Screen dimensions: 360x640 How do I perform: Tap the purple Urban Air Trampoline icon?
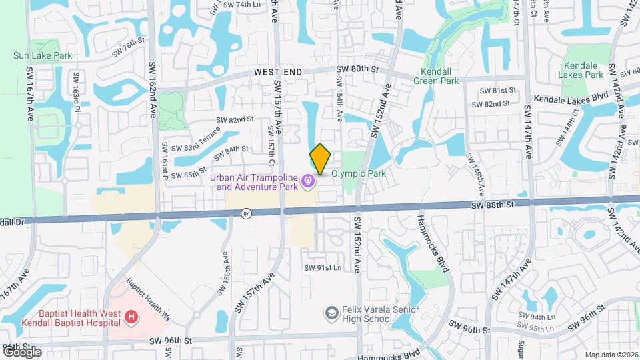tap(307, 181)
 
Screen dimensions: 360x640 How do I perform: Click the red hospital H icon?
tap(132, 316)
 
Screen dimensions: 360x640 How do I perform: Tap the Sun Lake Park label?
tap(43, 56)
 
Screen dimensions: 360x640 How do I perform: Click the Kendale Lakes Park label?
tap(583, 70)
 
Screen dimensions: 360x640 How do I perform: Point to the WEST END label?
tap(277, 71)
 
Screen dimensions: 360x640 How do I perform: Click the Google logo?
tap(22, 351)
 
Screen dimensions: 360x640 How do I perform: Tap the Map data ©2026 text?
tap(611, 355)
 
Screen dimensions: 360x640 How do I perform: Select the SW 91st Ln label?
tap(323, 268)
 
